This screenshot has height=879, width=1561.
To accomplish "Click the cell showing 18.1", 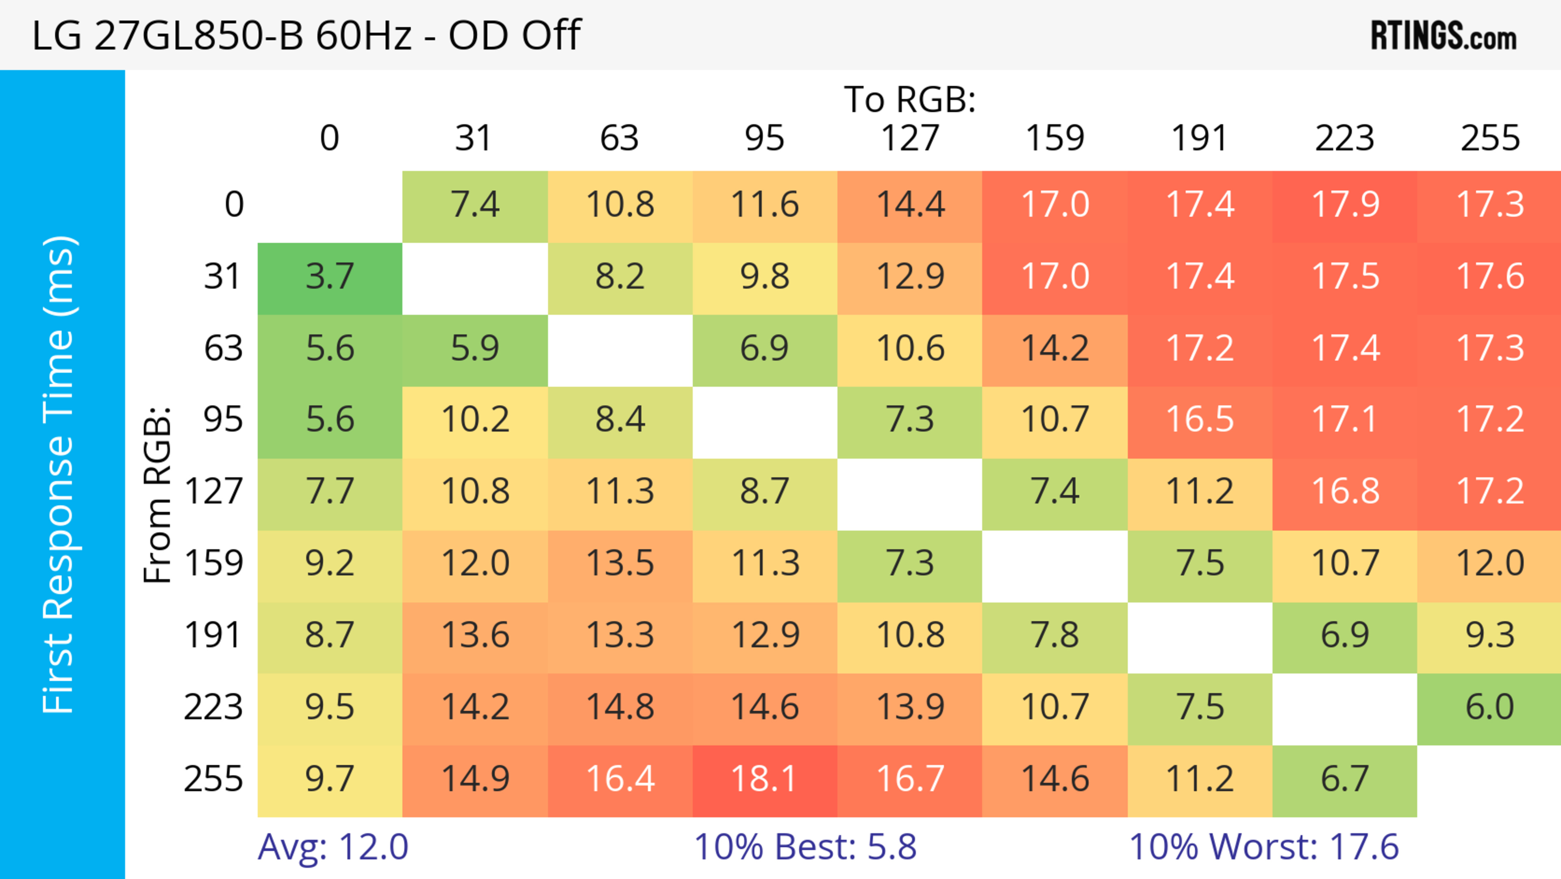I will [764, 780].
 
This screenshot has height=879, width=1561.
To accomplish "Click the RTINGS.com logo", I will [1444, 36].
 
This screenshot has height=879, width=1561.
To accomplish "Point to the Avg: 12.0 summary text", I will [333, 847].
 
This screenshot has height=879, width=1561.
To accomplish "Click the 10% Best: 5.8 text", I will [805, 847].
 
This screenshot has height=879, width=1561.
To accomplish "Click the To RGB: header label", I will [910, 99].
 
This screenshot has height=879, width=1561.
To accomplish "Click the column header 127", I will [910, 139].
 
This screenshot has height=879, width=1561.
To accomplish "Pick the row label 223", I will [213, 707].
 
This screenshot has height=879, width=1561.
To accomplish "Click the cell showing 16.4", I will [620, 780].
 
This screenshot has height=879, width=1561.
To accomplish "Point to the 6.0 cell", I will [1489, 707].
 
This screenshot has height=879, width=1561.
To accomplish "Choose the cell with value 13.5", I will [620, 564].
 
